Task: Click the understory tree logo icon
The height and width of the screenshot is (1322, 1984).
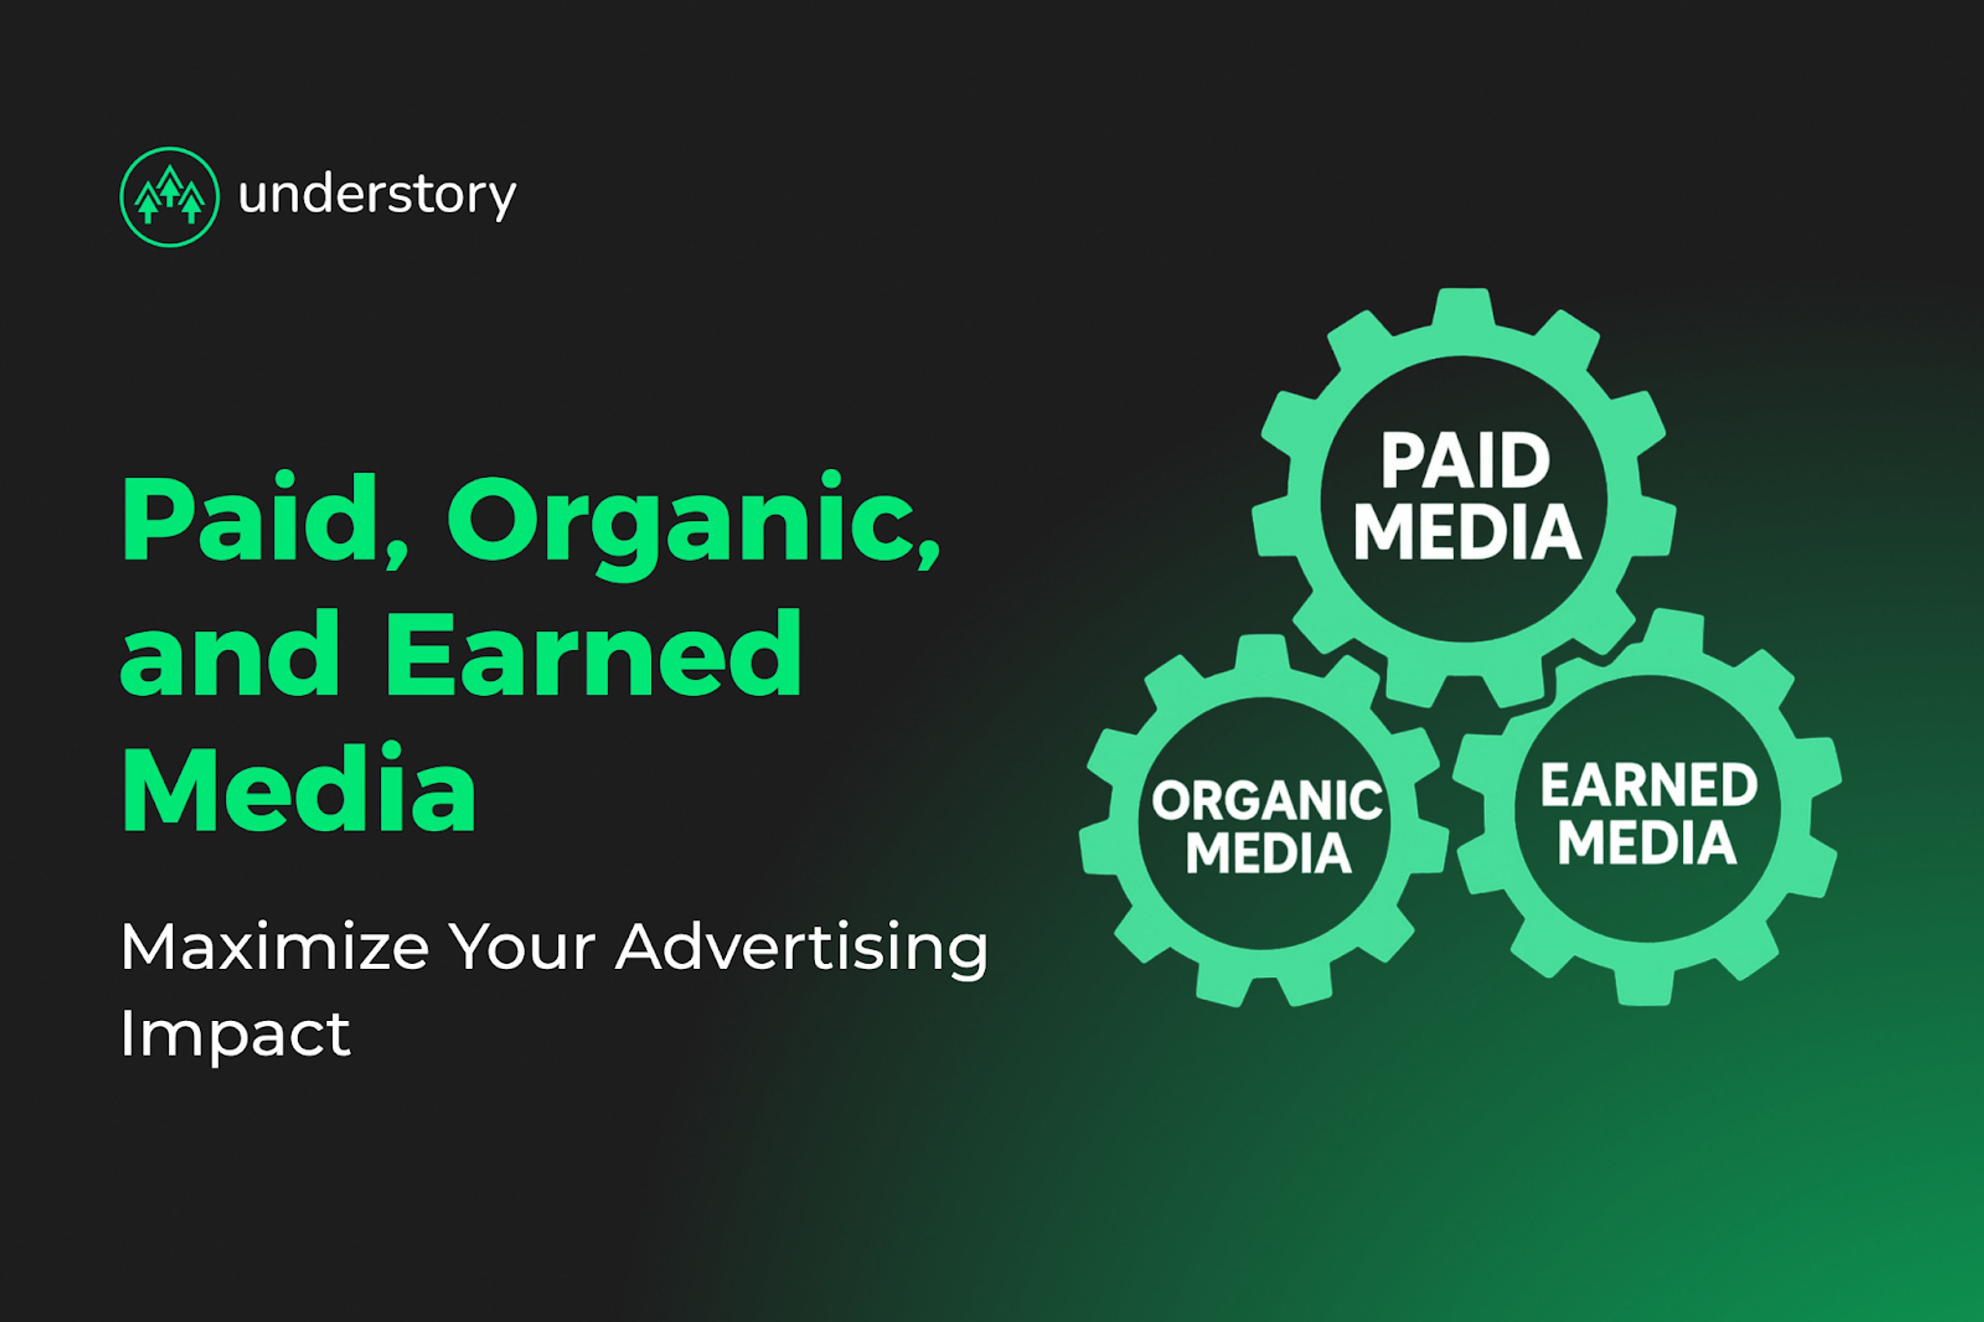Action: point(170,196)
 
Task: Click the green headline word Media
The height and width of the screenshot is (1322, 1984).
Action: point(299,788)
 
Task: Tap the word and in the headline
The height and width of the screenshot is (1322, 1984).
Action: point(229,653)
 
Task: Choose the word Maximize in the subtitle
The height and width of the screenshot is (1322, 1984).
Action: point(274,948)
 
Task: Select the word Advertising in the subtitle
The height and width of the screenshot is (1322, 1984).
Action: point(801,951)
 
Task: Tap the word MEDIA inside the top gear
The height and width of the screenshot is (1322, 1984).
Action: point(1467,532)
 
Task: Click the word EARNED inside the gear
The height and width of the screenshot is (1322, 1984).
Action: point(1649,784)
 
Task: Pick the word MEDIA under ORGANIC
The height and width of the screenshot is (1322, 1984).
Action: point(1268,853)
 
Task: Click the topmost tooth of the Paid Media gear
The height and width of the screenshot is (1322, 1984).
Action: point(1464,308)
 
